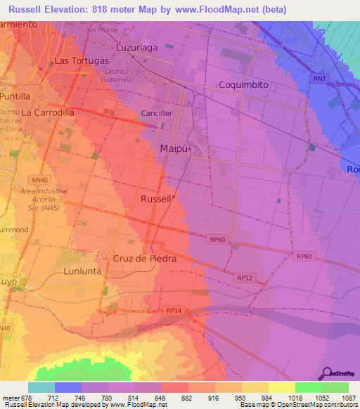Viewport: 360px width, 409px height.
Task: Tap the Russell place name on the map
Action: (x=155, y=200)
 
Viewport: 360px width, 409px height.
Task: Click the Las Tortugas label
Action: (x=82, y=60)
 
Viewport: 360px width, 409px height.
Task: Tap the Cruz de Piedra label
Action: (x=144, y=259)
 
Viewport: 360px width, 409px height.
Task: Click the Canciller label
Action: (x=157, y=112)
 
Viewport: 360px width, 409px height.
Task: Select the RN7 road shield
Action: (x=320, y=79)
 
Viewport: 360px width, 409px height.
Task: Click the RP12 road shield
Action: (x=245, y=278)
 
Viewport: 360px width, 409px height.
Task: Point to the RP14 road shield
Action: (x=174, y=310)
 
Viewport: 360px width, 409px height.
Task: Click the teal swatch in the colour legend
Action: (x=41, y=387)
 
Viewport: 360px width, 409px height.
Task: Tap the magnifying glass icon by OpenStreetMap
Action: (x=326, y=373)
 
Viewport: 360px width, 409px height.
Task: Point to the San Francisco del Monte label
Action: (x=107, y=27)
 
